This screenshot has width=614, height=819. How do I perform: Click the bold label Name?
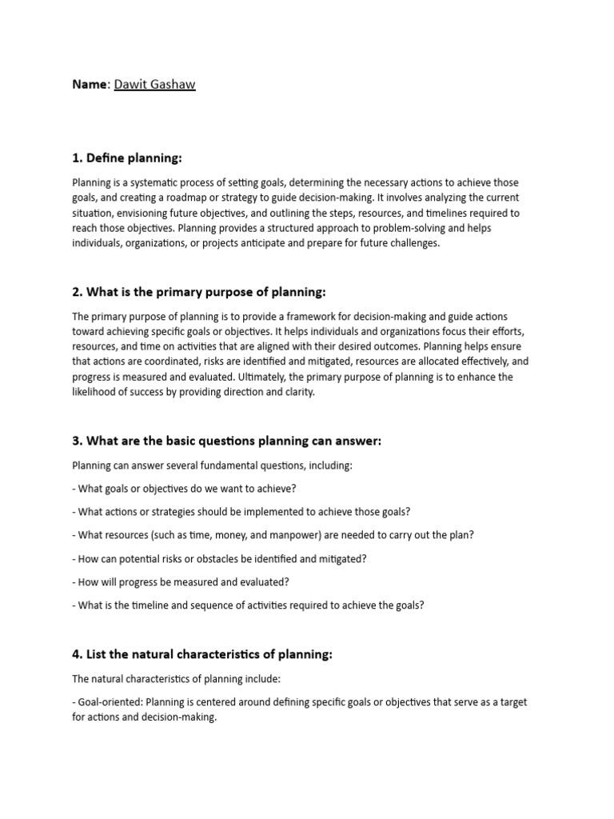(90, 84)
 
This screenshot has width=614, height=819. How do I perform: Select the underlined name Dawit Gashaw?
(154, 84)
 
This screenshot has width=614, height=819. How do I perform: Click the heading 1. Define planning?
(128, 158)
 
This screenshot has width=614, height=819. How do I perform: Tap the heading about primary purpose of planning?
(199, 292)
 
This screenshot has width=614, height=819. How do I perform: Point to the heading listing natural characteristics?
(201, 654)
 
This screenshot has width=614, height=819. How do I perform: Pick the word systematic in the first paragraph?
(157, 182)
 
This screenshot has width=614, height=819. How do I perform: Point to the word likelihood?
(94, 392)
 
